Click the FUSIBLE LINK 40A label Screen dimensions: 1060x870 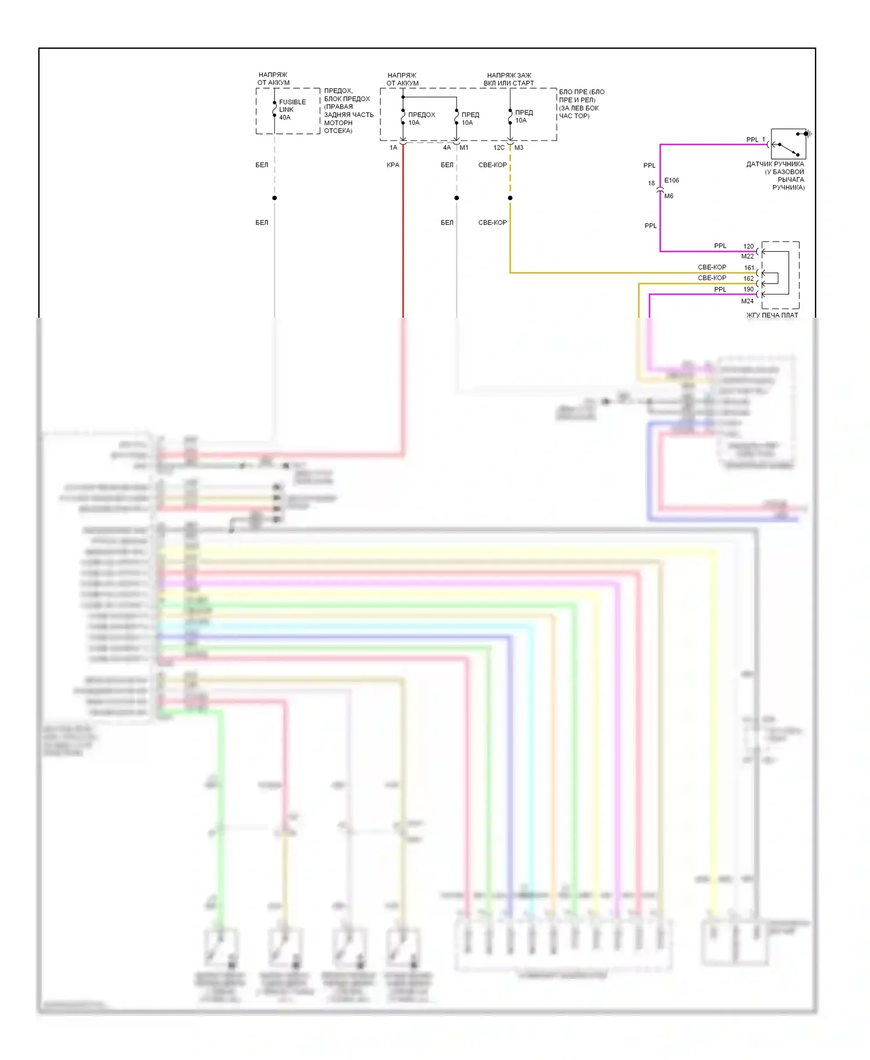point(292,110)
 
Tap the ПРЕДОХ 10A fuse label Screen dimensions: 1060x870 point(421,118)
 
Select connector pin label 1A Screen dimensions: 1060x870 point(393,148)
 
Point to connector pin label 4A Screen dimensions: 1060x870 point(447,148)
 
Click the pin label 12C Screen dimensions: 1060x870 point(499,148)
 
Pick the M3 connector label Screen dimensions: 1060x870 point(519,148)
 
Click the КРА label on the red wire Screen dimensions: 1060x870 point(393,165)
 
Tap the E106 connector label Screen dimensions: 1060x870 point(672,180)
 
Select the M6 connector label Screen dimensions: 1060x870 point(669,196)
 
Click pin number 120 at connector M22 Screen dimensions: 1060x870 point(748,246)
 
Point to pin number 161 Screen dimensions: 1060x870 point(749,268)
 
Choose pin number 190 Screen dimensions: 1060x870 point(748,289)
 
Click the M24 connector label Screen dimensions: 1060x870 point(747,301)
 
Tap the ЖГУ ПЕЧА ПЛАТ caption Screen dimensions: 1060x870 point(772,315)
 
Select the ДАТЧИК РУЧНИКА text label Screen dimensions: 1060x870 point(775,164)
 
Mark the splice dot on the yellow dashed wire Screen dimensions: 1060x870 point(510,198)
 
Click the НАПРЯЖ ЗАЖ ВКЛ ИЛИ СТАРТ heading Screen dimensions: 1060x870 point(509,79)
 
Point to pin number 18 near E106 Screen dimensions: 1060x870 point(651,183)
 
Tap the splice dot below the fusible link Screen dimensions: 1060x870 point(274,198)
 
